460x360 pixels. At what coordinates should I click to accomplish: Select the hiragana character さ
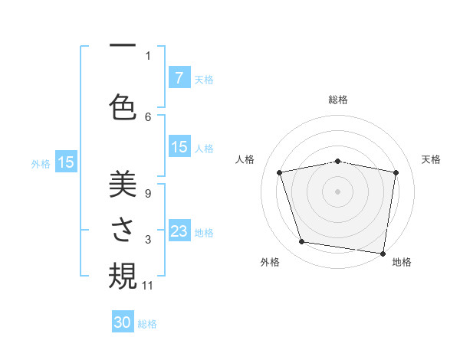point(123,231)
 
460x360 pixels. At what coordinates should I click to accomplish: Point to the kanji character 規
point(123,275)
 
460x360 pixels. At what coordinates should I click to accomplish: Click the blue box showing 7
point(179,77)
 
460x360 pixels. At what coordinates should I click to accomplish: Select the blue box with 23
point(179,231)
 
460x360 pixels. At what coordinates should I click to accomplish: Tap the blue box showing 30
point(123,323)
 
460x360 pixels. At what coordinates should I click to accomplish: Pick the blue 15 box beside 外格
point(66,162)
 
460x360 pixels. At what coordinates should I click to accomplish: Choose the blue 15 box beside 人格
point(179,147)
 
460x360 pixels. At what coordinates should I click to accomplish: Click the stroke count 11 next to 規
point(148,286)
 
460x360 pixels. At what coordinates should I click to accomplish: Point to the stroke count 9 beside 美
point(147,194)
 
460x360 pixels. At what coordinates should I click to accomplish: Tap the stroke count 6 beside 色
point(148,116)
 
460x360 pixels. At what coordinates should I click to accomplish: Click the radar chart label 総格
point(338,100)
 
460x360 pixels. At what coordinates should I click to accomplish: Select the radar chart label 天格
point(431,159)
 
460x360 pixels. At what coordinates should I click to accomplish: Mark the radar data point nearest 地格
point(383,253)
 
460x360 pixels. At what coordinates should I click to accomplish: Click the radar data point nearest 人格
point(280,172)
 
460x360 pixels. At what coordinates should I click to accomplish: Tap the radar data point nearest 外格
point(302,242)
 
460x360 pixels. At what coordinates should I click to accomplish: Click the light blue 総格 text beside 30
point(147,324)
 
